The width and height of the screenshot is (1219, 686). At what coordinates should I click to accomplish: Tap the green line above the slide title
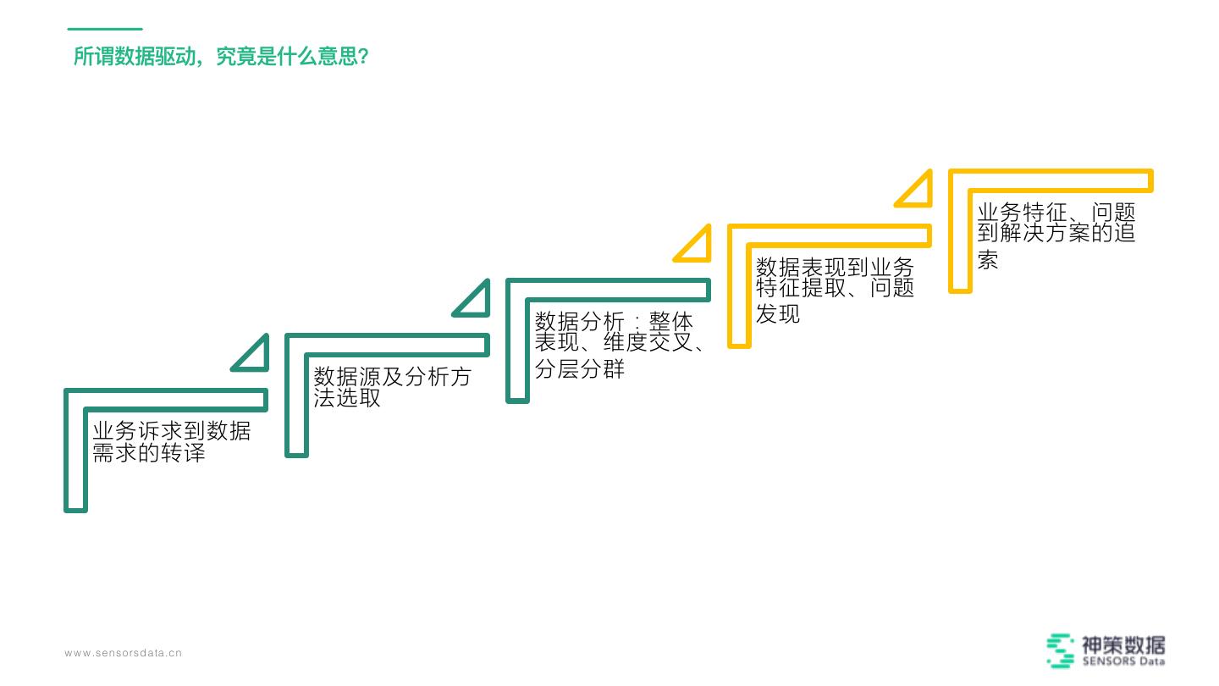point(104,29)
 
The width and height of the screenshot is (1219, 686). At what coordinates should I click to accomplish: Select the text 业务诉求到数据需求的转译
point(171,441)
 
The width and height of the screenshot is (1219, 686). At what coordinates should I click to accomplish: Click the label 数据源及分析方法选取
point(392,387)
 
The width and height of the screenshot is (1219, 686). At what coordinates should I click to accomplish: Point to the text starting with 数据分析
point(621,345)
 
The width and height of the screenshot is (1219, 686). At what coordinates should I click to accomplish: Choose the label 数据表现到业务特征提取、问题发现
point(835,290)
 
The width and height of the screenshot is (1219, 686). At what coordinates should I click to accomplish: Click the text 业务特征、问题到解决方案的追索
point(1056,235)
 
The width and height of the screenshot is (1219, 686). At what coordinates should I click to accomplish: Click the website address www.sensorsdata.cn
point(124,653)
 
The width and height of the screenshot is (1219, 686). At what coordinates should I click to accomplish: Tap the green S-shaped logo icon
point(1060,650)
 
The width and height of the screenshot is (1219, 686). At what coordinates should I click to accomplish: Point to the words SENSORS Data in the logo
point(1122,661)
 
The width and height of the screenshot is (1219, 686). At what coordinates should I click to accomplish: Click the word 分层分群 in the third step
point(580,369)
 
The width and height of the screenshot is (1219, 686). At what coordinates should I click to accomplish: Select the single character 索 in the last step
point(988,260)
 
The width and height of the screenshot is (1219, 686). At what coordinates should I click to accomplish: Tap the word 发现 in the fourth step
point(778,314)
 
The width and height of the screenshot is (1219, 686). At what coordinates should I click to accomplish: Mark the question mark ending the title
point(362,58)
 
